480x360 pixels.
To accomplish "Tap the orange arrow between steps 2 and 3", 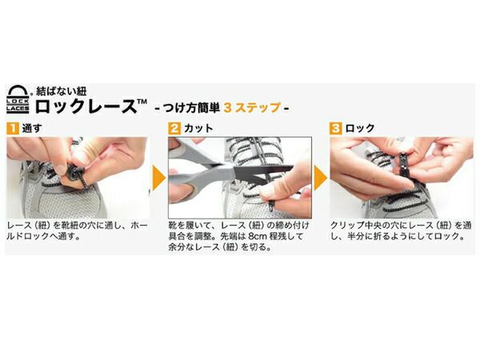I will coord(320,178).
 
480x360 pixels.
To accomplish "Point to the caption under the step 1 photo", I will coord(77,232).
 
